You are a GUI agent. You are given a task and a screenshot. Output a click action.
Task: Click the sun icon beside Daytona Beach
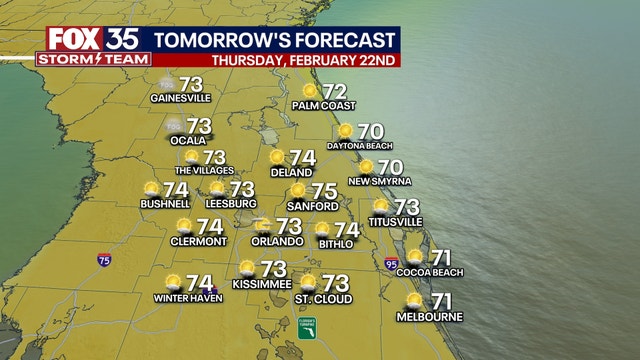(x=345, y=130)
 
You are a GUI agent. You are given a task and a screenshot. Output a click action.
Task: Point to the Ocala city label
(x=187, y=141)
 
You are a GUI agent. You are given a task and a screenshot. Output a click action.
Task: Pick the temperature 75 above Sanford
(x=323, y=190)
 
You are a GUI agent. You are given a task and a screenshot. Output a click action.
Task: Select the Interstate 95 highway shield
(x=391, y=263)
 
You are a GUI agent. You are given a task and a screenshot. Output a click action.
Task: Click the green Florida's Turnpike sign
(x=307, y=327)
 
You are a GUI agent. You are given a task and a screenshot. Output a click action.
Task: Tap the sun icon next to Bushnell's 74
(x=151, y=188)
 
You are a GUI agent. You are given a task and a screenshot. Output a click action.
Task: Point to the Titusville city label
(x=395, y=221)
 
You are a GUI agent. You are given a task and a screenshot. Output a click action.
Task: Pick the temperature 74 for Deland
(x=302, y=157)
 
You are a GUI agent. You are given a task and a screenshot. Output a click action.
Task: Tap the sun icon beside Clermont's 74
(x=184, y=226)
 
